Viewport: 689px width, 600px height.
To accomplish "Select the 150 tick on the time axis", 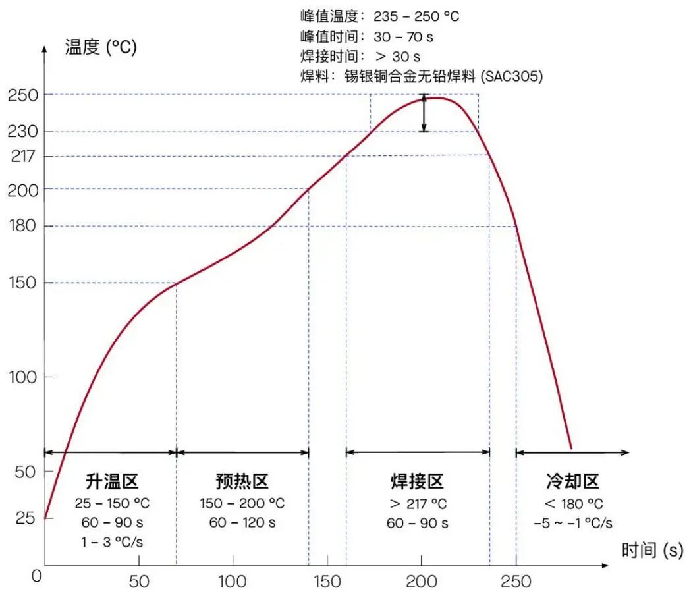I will [x=327, y=582].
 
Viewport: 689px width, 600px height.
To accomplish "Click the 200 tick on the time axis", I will [x=421, y=582].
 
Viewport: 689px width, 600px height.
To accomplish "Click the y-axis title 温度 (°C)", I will [x=101, y=47].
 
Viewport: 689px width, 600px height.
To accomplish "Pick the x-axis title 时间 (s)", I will [x=653, y=550].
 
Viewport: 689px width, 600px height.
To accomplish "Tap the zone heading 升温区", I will [x=112, y=481].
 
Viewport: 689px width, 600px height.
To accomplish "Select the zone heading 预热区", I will [x=242, y=481].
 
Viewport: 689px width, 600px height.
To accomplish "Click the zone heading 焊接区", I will [x=418, y=481].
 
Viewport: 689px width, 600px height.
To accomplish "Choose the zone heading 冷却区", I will [x=573, y=481].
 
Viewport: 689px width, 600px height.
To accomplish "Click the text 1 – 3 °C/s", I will [x=112, y=543].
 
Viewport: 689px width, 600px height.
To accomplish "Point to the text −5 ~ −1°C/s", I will [x=573, y=524].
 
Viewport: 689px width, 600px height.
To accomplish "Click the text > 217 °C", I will [x=418, y=504].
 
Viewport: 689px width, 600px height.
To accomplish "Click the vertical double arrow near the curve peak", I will [x=424, y=113].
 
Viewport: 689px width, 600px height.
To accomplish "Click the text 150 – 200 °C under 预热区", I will [x=242, y=504].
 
